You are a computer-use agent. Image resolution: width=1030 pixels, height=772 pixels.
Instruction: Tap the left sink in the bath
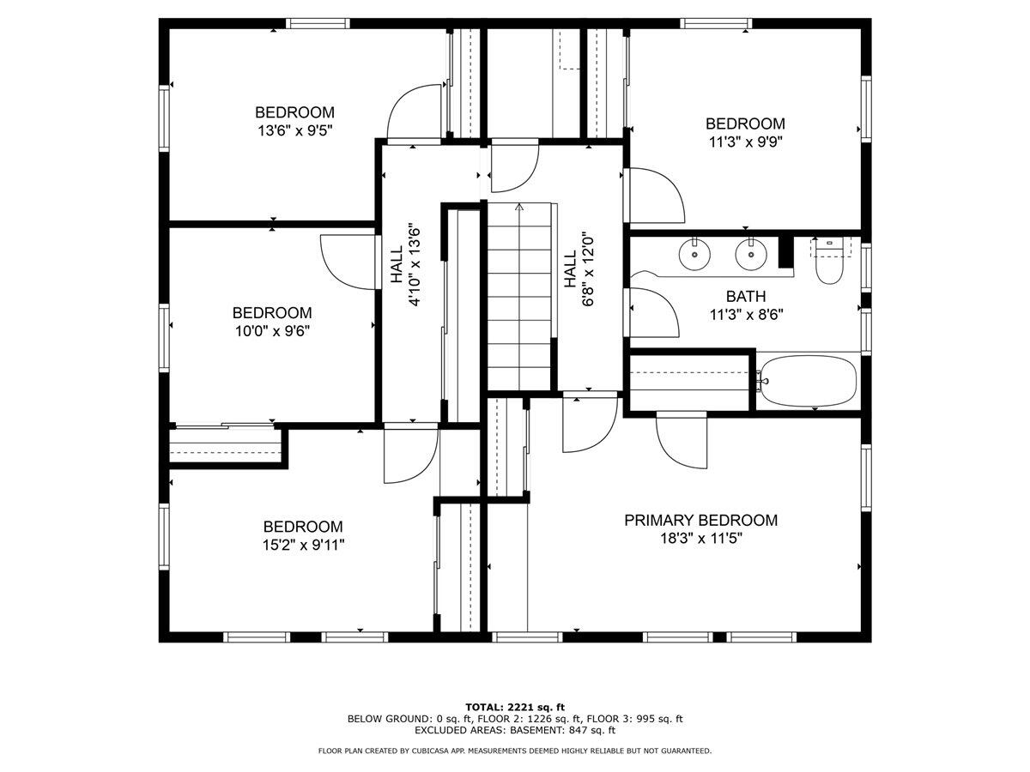(693, 253)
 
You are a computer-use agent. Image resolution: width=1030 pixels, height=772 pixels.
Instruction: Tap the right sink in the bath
(749, 253)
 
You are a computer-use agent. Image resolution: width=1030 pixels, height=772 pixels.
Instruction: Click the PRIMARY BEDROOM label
(700, 520)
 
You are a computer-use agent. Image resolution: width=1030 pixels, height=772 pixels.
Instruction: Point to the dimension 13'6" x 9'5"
(294, 131)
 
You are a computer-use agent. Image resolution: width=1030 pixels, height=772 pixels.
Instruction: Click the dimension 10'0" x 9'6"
(271, 331)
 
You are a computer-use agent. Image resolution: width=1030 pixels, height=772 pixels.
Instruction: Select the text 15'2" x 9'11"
(303, 545)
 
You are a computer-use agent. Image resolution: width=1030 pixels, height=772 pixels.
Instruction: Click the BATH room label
(746, 296)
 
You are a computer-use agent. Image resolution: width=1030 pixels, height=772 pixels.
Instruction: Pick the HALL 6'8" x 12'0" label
(578, 269)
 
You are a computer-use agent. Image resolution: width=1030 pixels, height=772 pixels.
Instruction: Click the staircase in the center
(518, 296)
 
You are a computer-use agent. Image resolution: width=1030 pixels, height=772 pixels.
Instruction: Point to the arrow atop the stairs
(518, 208)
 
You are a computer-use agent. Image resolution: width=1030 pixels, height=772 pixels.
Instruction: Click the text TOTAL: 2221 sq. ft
(515, 707)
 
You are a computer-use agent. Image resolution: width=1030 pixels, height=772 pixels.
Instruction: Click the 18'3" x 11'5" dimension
(700, 539)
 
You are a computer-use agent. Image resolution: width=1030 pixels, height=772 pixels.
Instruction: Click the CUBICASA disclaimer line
(515, 751)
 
